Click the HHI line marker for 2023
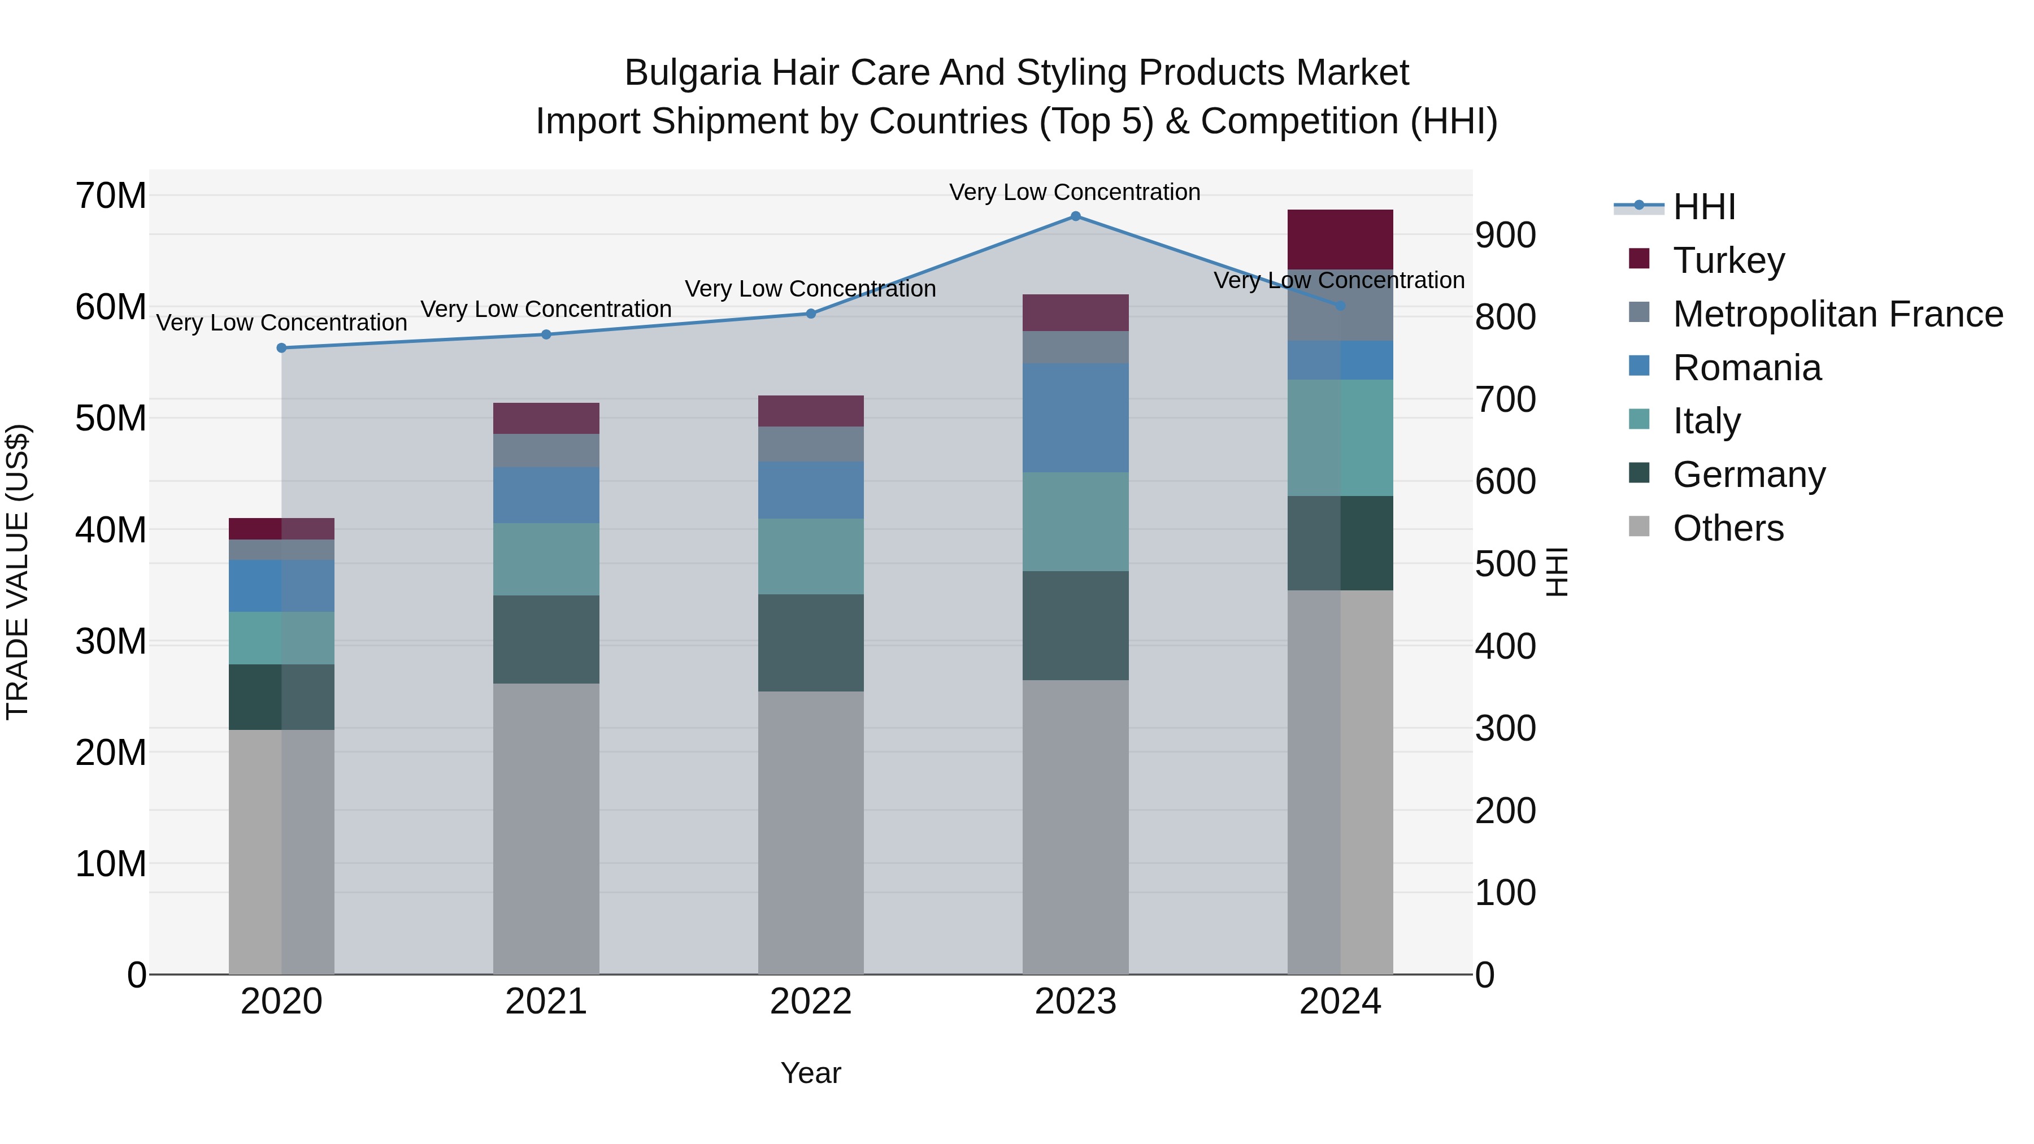tap(1075, 216)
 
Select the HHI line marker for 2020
tap(282, 348)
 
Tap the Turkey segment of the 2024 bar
tap(1340, 240)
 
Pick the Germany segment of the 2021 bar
tap(546, 640)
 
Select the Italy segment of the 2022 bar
tap(811, 556)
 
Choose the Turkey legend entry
tap(1728, 260)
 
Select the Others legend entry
tap(1728, 528)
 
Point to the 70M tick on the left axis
tap(111, 196)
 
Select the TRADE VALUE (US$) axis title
tap(18, 572)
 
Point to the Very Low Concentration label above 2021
tap(546, 310)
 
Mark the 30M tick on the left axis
tap(111, 642)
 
